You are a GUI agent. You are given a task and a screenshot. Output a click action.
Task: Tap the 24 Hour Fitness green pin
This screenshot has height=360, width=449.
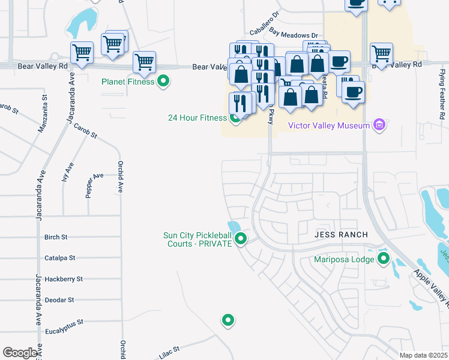235,118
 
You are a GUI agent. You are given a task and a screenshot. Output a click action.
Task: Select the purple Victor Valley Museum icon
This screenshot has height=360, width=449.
379,125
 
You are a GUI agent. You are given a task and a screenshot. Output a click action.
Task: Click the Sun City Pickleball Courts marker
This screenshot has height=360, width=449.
241,239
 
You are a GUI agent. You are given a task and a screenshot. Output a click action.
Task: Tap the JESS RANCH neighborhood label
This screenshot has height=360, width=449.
340,235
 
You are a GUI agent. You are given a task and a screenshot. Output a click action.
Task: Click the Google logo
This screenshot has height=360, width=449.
20,353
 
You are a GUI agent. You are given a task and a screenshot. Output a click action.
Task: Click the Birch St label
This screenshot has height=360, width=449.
56,238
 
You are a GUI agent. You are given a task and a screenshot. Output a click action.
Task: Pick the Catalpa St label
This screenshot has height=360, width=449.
59,258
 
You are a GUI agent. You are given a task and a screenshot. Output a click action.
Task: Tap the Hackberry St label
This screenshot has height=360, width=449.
63,279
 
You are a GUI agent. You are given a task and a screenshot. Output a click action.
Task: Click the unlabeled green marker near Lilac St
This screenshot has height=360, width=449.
228,320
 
